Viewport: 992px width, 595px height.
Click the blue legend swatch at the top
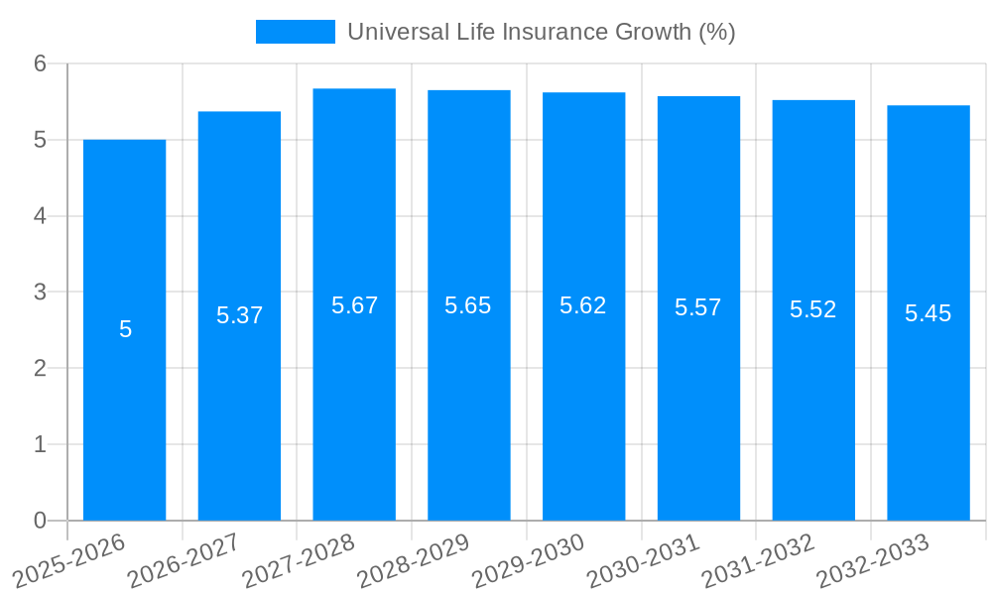pos(295,32)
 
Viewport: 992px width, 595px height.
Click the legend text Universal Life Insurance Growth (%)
pos(541,32)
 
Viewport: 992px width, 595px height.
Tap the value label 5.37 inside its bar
pos(239,315)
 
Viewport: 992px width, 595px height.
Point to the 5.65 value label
pos(468,305)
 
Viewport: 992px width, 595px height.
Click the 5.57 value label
pos(698,307)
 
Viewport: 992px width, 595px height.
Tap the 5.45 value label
pos(928,313)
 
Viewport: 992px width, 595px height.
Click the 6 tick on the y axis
pos(41,63)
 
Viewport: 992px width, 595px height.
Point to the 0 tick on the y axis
pos(41,521)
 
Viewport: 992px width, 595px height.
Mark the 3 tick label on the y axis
pos(41,293)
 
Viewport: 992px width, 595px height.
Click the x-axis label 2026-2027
pos(185,560)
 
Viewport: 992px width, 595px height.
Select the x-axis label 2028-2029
pos(414,560)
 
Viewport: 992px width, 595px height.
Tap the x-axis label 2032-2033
pos(873,560)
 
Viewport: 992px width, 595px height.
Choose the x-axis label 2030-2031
pos(644,560)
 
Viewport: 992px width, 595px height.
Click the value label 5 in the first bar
pos(125,329)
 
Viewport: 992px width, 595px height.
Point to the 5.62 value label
pos(583,305)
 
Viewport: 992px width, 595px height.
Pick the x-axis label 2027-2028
pos(299,560)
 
